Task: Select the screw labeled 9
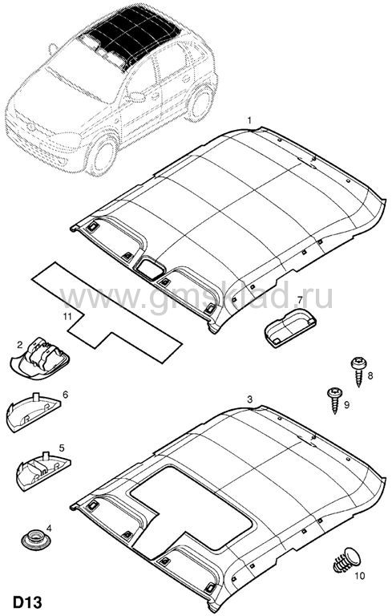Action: tap(334, 400)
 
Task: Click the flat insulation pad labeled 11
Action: tap(106, 312)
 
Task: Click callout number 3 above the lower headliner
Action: tap(249, 399)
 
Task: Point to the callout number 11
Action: tap(67, 316)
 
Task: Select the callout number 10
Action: tap(359, 576)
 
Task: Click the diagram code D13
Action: tap(27, 602)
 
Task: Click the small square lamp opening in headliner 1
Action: tap(149, 268)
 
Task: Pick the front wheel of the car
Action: tap(102, 154)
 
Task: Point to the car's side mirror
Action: tap(137, 96)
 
